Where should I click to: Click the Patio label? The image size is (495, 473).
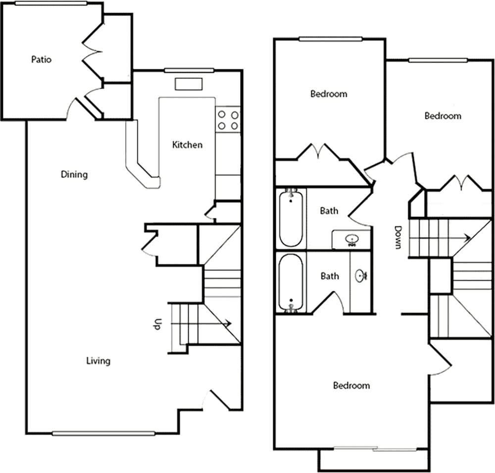[42, 60]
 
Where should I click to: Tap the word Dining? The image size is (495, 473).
[74, 174]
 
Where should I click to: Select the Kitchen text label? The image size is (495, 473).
[187, 145]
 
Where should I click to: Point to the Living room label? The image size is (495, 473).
[98, 361]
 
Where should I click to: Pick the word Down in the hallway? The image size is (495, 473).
[397, 238]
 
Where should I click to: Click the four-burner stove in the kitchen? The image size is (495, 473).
[228, 120]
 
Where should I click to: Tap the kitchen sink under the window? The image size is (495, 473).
[189, 84]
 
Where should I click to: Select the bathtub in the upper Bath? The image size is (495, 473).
[291, 218]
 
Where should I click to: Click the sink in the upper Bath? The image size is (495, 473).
[352, 240]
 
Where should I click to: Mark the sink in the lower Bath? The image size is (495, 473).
[361, 275]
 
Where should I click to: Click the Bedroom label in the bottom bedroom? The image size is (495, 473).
[351, 386]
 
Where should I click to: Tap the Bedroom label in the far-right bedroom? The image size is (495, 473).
[443, 116]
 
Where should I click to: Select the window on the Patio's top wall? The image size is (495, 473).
[51, 3]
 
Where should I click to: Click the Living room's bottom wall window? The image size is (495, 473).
[103, 433]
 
